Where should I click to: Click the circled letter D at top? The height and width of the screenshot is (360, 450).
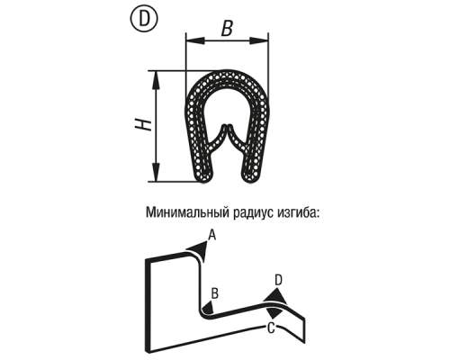pos(145,19)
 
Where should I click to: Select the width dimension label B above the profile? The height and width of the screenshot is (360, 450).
pos(227,28)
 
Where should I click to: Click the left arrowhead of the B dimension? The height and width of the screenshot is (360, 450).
pos(195,40)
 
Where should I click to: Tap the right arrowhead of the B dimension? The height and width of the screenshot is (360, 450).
pos(259,40)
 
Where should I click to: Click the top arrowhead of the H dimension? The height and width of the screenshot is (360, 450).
pos(156,80)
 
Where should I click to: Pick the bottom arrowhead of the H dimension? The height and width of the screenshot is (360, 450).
pos(156,172)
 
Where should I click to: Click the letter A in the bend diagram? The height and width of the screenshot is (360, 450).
pos(212,235)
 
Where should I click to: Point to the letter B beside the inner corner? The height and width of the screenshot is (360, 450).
pos(215,293)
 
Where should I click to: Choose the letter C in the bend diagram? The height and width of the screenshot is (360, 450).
pos(271,328)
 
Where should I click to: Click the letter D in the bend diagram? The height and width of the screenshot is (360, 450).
pos(278,280)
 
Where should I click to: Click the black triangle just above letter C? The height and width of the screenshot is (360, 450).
pos(275,313)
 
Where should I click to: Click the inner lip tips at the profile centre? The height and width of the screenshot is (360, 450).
pos(227,126)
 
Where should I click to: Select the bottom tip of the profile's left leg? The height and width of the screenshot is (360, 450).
pos(203,180)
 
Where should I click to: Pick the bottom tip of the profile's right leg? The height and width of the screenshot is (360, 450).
pos(250,180)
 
